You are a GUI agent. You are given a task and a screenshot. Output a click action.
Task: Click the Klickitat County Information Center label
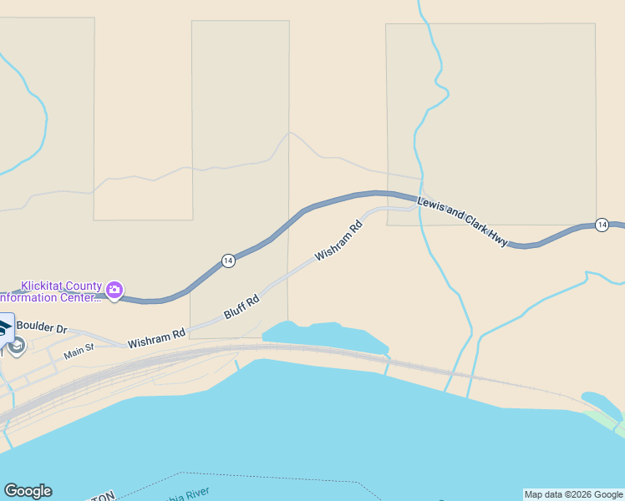[50, 291]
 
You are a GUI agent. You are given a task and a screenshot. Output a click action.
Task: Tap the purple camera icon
[114, 291]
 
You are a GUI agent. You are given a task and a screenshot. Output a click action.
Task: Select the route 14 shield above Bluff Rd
[228, 261]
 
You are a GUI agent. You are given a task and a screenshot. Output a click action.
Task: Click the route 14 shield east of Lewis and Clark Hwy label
[602, 225]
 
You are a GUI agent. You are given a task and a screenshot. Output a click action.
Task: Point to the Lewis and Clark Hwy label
[462, 222]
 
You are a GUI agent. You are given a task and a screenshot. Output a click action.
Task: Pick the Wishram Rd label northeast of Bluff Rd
[338, 240]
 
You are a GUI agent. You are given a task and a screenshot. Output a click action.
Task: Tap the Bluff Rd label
[242, 306]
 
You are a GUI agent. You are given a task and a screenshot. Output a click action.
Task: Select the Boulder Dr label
[41, 327]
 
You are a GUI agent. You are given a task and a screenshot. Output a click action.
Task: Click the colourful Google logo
[28, 491]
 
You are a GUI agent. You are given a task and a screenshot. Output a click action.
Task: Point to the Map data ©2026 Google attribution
[574, 494]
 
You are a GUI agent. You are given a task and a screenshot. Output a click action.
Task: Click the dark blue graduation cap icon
[5, 326]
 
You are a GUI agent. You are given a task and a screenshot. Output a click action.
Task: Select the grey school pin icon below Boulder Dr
[16, 345]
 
